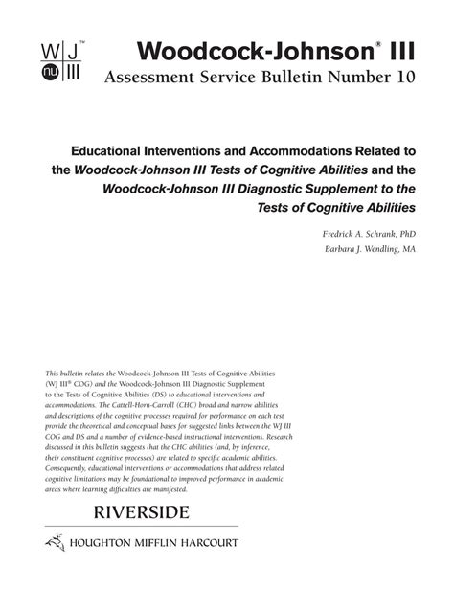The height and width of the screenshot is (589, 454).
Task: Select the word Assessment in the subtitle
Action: pyautogui.click(x=156, y=79)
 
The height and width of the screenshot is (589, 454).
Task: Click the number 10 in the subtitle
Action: pyautogui.click(x=401, y=79)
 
